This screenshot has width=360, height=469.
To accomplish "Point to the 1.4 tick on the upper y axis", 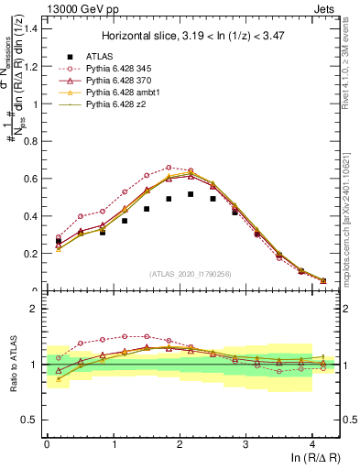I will pos(29,28).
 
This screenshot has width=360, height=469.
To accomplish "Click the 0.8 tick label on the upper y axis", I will pos(29,141).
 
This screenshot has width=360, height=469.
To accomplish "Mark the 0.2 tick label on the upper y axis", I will pos(29,254).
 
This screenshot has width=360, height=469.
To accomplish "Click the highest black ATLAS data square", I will pos(191,194).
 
